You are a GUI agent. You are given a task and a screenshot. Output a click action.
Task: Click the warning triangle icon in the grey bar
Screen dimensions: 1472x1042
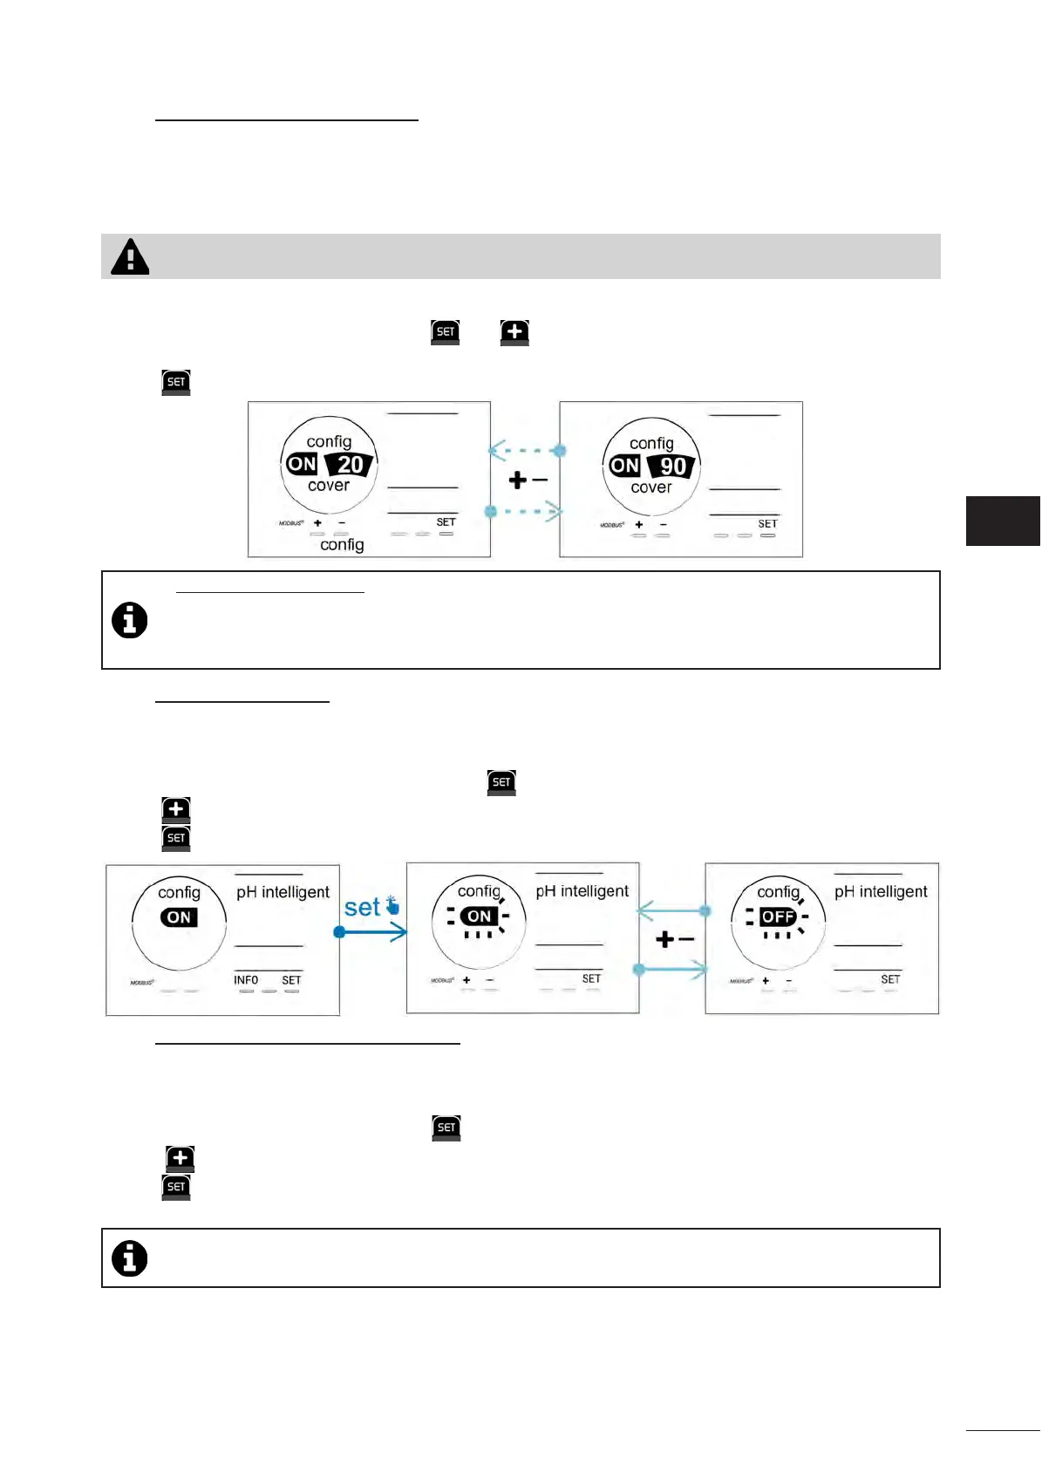click(131, 256)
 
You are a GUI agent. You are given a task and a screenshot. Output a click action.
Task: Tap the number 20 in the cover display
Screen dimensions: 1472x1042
click(350, 465)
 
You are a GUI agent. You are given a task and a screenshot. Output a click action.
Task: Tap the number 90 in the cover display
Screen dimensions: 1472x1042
click(672, 467)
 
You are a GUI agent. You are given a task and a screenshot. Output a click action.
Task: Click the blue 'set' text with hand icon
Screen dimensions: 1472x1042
click(371, 907)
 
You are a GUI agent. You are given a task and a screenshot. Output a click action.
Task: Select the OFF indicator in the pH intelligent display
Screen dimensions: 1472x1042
click(777, 917)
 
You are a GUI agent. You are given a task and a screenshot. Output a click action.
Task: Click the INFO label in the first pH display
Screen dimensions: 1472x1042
click(246, 980)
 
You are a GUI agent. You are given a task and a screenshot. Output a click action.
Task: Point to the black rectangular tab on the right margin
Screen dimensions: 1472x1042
click(1003, 521)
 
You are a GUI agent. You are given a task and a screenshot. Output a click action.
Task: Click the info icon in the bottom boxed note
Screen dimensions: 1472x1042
click(130, 1258)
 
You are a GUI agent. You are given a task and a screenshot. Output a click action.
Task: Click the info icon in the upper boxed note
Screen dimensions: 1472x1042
click(130, 621)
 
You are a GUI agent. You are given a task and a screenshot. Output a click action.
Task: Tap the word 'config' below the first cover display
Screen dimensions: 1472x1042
click(342, 544)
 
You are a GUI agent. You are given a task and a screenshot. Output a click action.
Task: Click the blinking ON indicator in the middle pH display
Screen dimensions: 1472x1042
click(479, 916)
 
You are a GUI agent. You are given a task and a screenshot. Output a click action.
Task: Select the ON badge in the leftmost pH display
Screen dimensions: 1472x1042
click(179, 917)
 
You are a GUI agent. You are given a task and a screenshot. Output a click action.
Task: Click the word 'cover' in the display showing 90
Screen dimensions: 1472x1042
click(651, 487)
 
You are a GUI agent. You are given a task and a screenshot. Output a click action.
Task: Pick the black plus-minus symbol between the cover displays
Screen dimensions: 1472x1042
click(528, 480)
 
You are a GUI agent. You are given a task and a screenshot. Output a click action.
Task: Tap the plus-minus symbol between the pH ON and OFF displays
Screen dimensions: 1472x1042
click(674, 939)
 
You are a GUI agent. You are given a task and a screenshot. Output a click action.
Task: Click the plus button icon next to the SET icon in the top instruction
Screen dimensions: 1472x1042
click(514, 332)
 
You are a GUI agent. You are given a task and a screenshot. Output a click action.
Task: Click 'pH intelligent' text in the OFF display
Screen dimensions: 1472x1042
click(881, 891)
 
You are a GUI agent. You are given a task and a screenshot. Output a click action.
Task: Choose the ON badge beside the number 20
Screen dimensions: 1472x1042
click(302, 464)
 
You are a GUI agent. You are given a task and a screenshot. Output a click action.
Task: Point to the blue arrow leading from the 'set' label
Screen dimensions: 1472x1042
click(372, 932)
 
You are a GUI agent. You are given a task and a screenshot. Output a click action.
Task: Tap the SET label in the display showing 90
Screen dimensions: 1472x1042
click(767, 524)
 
